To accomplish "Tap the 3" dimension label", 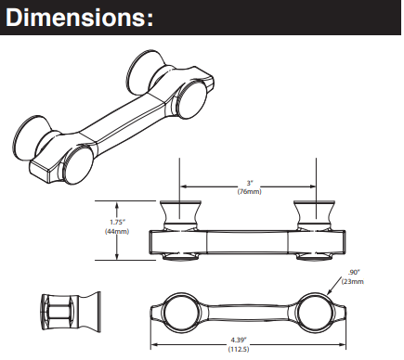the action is (x=249, y=184).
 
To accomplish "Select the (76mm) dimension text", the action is (x=249, y=192).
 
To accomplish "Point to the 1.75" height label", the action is (x=117, y=222).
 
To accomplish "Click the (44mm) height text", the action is (x=117, y=231).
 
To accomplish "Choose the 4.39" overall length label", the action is (x=239, y=340).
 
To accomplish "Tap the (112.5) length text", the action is (x=239, y=349).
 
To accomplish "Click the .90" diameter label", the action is (x=354, y=272).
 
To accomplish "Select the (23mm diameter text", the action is (x=353, y=281).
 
